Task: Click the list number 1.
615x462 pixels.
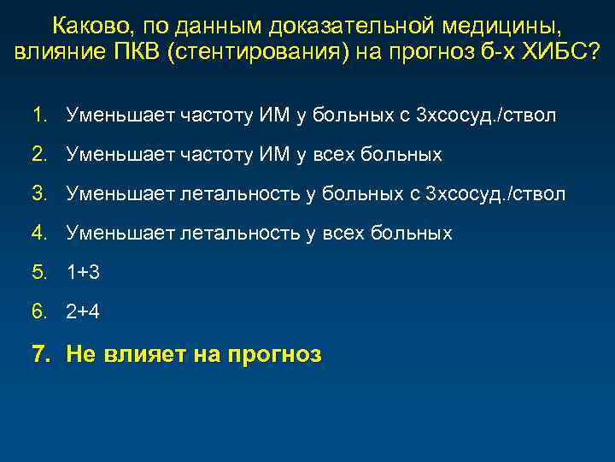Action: click(x=39, y=115)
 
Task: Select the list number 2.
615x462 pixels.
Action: click(x=39, y=154)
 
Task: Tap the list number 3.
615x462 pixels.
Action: click(x=39, y=193)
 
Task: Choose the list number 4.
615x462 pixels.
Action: click(x=39, y=233)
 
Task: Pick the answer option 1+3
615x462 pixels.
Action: click(x=84, y=273)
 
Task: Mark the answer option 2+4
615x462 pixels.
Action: click(x=84, y=312)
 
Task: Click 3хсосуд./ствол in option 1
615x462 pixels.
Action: click(x=485, y=115)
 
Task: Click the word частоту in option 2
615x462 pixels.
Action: click(x=212, y=154)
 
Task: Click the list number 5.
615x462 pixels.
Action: click(x=39, y=273)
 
